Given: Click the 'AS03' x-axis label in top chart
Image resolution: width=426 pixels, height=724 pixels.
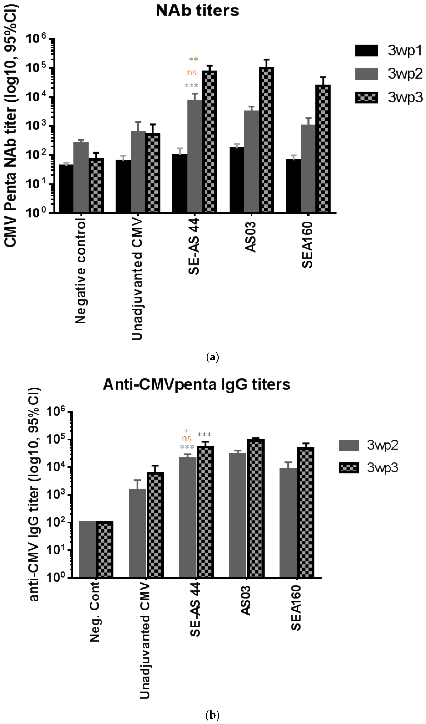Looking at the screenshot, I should [251, 237].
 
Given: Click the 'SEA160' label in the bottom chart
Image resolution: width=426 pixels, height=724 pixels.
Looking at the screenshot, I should [296, 607].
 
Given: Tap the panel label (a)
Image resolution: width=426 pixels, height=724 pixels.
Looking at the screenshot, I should [213, 357].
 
